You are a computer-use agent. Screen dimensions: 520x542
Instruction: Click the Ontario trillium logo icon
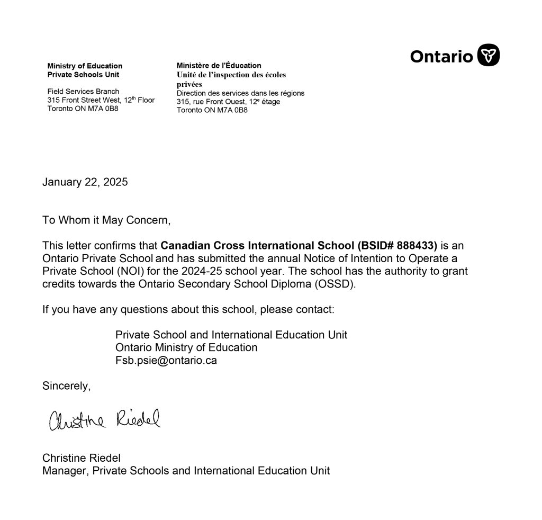click(x=489, y=55)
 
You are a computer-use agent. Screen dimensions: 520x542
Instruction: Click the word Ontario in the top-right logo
click(x=441, y=56)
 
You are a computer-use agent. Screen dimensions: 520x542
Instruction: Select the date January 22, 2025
click(x=85, y=182)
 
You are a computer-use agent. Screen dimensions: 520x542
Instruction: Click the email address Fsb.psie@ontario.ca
click(x=166, y=361)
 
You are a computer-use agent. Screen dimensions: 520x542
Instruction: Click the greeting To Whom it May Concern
click(x=107, y=220)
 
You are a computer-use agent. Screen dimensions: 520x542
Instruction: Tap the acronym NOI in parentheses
click(x=126, y=271)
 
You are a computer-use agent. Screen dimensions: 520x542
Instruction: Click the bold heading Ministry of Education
click(x=85, y=66)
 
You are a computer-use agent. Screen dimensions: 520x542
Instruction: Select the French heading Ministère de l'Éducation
click(x=219, y=66)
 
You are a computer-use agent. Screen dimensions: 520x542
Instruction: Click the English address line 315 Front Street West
click(x=101, y=100)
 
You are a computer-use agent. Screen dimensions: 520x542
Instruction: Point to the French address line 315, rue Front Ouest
click(x=228, y=102)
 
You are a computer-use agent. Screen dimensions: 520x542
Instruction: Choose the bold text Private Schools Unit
click(x=83, y=75)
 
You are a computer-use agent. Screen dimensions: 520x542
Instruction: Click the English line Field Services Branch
click(x=83, y=91)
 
